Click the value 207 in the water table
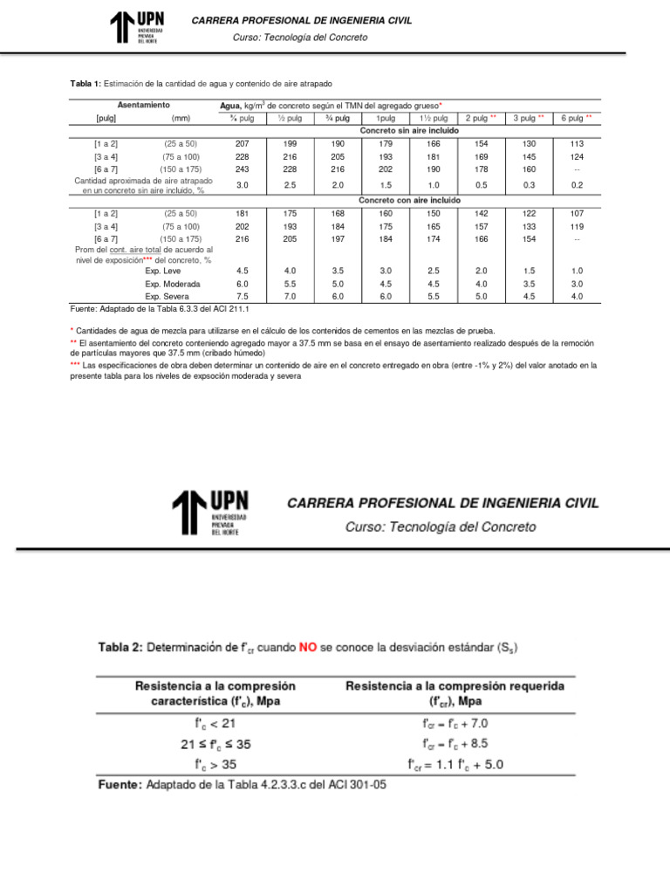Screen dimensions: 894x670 point(243,143)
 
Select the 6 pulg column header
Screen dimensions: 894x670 point(576,118)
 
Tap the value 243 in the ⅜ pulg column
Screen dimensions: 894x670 point(243,169)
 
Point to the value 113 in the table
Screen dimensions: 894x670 point(577,143)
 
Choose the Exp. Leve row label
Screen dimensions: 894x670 point(163,271)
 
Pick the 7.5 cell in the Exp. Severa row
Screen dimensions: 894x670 point(243,296)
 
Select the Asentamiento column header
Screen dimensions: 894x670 point(143,105)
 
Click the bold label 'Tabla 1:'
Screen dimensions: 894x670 point(85,83)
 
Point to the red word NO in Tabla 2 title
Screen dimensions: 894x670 point(308,647)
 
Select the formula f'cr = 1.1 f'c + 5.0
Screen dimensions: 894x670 point(455,765)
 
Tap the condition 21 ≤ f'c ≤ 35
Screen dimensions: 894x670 point(215,744)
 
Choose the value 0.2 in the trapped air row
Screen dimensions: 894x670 point(577,185)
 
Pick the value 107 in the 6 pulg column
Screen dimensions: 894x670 point(577,213)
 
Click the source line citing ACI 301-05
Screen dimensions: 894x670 point(241,784)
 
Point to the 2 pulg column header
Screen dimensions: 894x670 point(481,118)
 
